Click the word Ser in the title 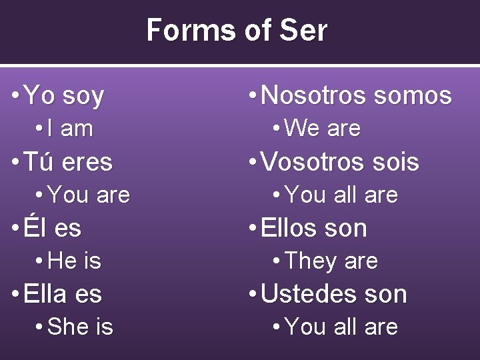pos(304,31)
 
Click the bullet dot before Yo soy pos(15,96)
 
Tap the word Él pos(35,228)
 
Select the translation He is pos(75,261)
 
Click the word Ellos pos(291,228)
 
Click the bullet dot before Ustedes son pos(252,294)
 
